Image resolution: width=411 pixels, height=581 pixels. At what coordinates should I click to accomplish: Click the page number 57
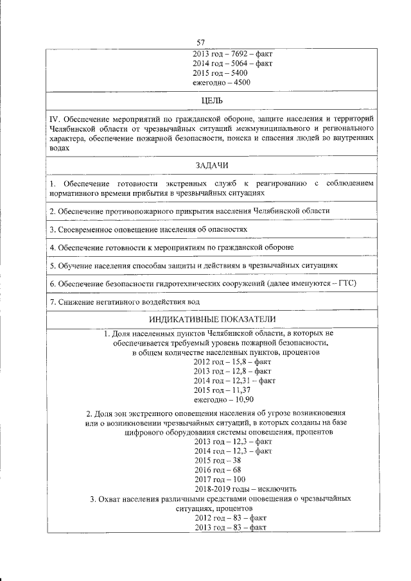coord(200,42)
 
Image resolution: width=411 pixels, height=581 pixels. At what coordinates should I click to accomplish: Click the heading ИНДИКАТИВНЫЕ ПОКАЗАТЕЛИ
coord(212,319)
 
